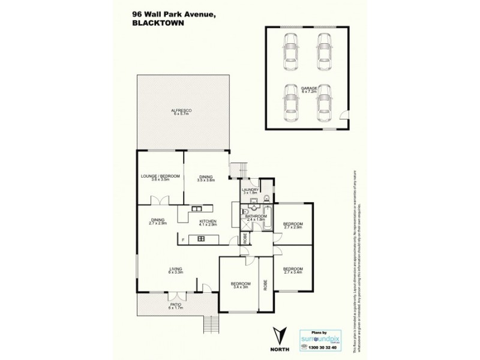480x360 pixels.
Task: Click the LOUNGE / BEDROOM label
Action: click(x=160, y=177)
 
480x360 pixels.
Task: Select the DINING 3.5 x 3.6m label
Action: click(x=205, y=178)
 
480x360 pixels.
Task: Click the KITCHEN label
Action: click(x=208, y=222)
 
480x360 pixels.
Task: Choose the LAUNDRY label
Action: click(x=250, y=191)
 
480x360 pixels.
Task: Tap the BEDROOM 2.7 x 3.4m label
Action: click(x=293, y=270)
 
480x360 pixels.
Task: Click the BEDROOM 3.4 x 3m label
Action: click(x=240, y=286)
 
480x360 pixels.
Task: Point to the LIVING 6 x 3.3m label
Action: click(x=175, y=270)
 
